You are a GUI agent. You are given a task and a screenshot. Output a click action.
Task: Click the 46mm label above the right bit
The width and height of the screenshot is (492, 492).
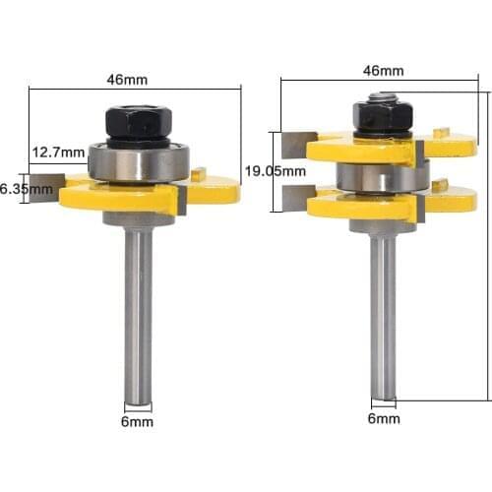tap(384, 70)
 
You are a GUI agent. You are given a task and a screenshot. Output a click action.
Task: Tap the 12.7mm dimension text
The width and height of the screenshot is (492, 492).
tap(57, 153)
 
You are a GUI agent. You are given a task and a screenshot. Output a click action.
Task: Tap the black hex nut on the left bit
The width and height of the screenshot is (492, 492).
tap(138, 123)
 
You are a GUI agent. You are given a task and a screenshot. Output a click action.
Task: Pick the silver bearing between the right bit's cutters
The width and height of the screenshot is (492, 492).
tap(382, 177)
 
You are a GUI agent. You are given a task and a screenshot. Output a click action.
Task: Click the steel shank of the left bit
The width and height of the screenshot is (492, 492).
tap(139, 315)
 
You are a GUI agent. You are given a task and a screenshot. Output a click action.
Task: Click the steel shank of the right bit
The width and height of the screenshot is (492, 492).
tap(384, 315)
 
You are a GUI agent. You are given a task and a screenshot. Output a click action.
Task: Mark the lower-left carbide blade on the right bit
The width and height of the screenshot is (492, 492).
tap(294, 199)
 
